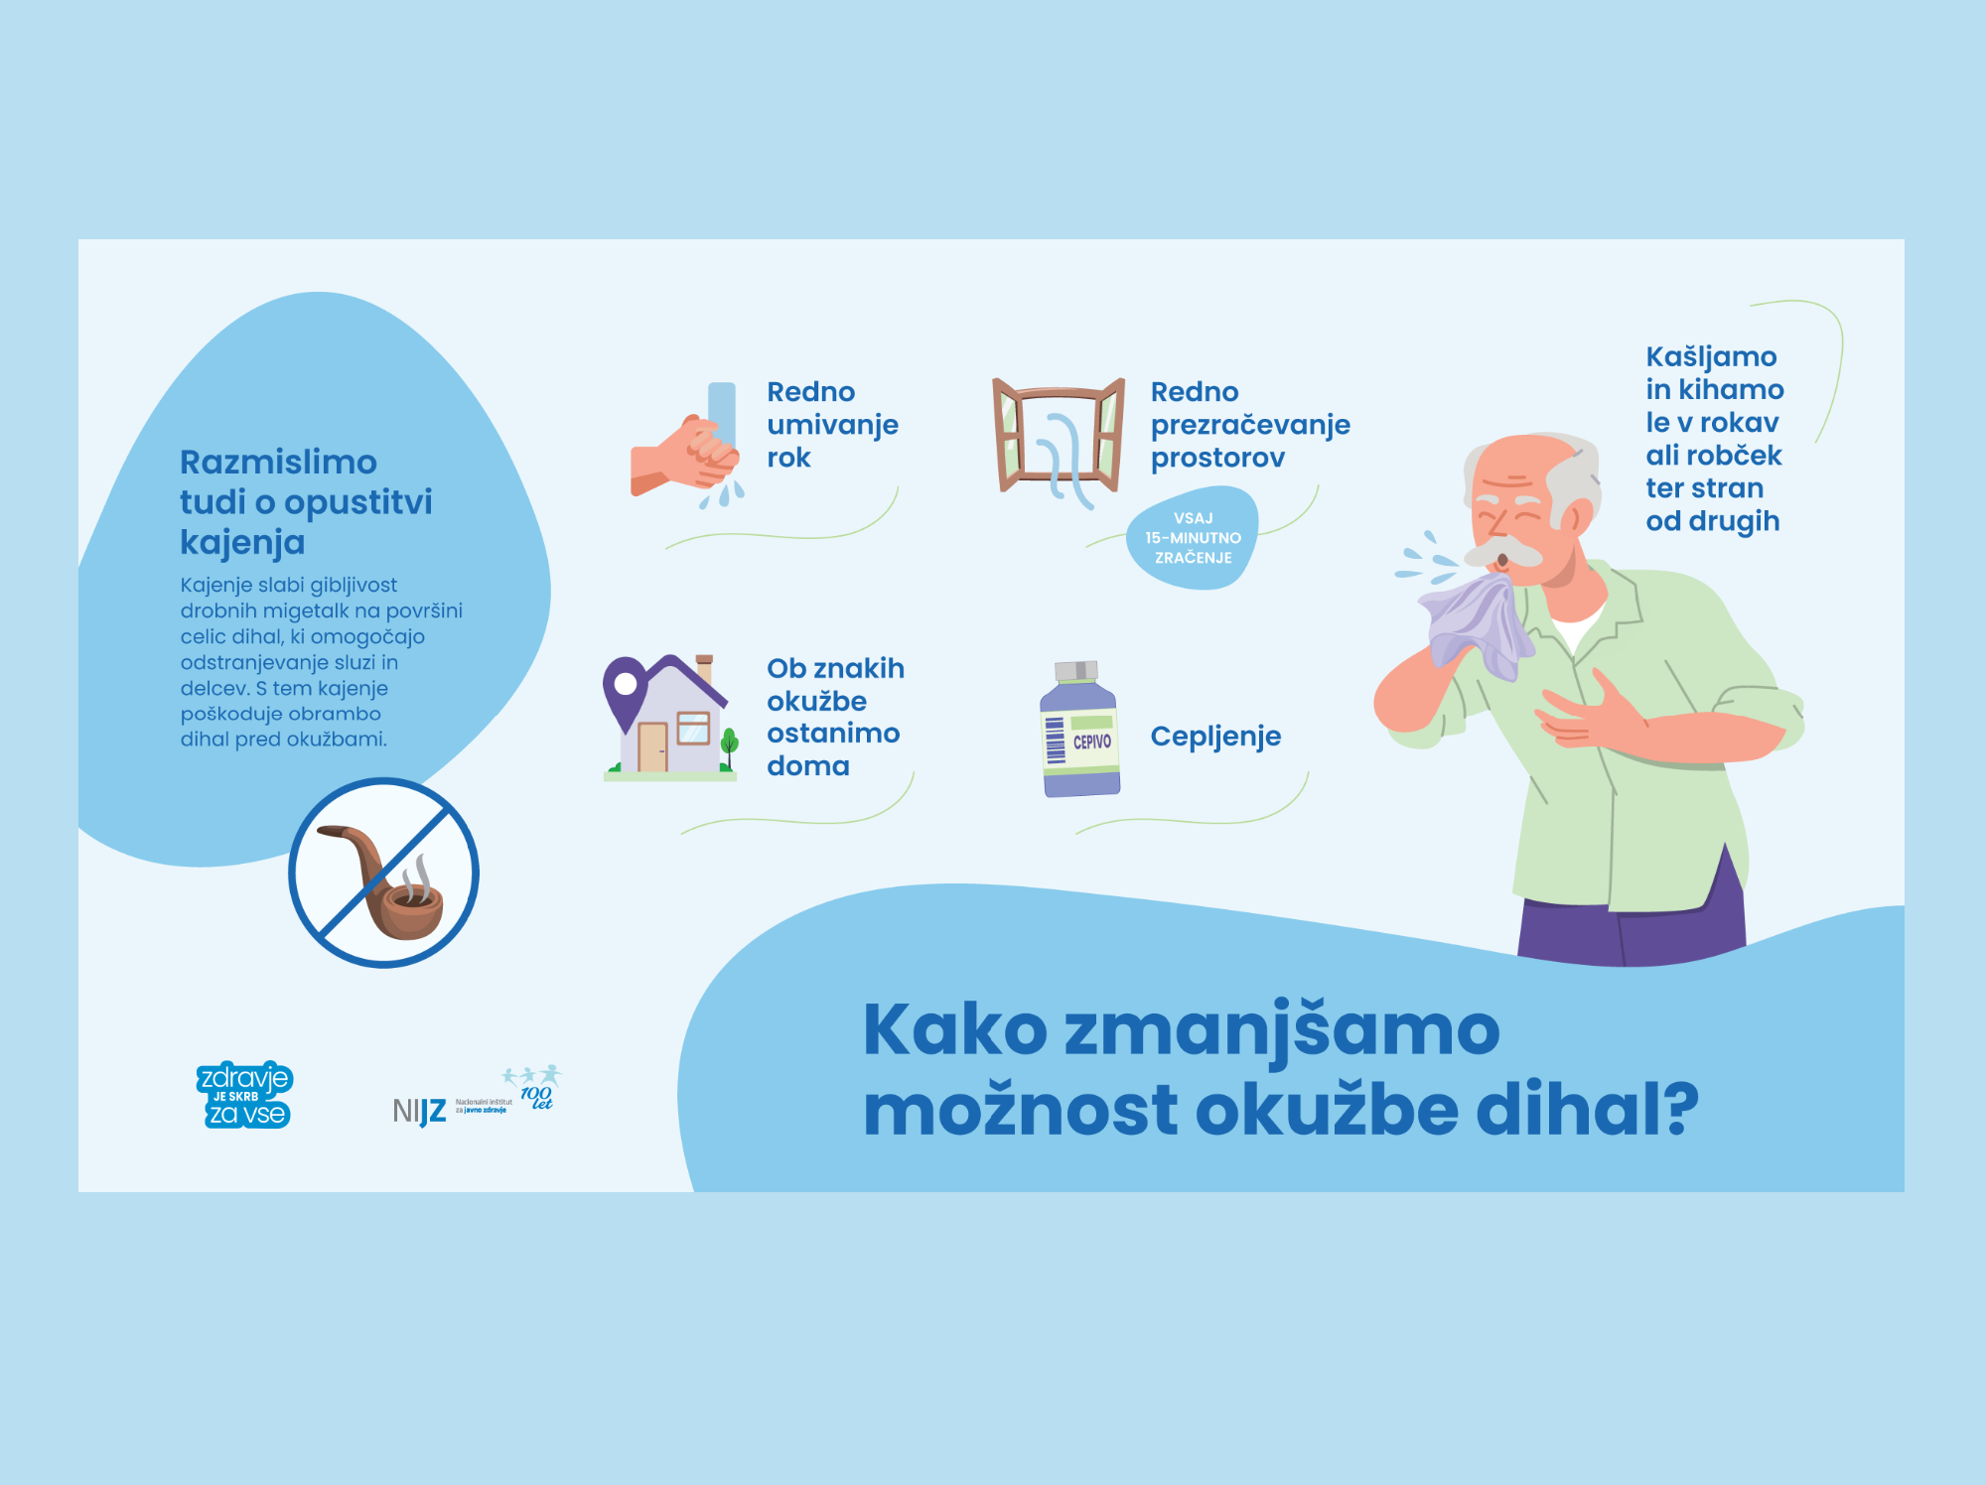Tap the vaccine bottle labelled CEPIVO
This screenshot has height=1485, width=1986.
pyautogui.click(x=1079, y=729)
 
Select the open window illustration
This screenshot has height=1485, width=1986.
pyautogui.click(x=1059, y=437)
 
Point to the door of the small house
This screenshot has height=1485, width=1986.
pyautogui.click(x=652, y=746)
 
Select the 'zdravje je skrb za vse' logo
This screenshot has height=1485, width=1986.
pyautogui.click(x=244, y=1095)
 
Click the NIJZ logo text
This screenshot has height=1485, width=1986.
pyautogui.click(x=419, y=1111)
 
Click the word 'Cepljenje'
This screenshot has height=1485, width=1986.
pyautogui.click(x=1215, y=737)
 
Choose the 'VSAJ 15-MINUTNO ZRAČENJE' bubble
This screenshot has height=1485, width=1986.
pyautogui.click(x=1193, y=538)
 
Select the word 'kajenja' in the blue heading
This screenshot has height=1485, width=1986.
pyautogui.click(x=242, y=543)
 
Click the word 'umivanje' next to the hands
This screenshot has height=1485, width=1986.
pyautogui.click(x=832, y=425)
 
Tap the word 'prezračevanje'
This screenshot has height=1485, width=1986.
pyautogui.click(x=1250, y=425)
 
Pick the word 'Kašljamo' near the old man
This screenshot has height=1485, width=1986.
pyautogui.click(x=1711, y=357)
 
